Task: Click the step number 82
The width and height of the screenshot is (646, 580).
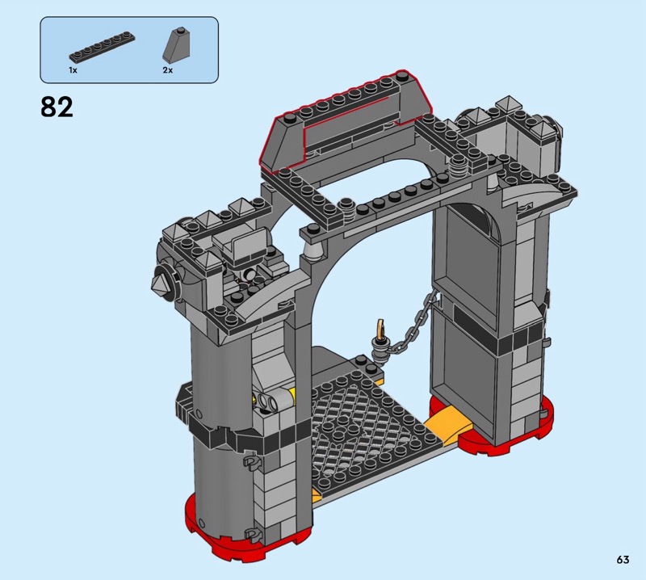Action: [x=57, y=107]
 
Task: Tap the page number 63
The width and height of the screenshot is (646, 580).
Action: [x=623, y=559]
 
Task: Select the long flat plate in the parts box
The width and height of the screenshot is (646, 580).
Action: [x=102, y=47]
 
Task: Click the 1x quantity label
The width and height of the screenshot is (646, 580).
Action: [x=73, y=70]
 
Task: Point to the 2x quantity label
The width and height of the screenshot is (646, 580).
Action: [x=168, y=70]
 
